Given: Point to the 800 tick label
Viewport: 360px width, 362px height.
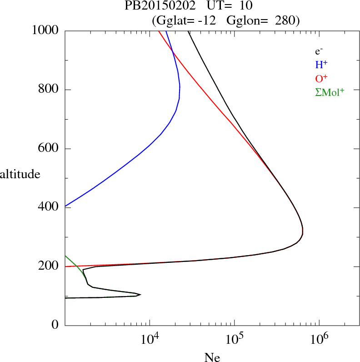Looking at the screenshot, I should (50, 90).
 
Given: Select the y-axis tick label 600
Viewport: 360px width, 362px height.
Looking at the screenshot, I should (50, 149).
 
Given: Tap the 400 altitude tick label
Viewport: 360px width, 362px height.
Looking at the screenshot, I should (50, 207).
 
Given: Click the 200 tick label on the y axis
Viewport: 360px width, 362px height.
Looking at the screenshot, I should (50, 266).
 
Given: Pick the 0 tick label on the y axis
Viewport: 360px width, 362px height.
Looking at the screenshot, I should (55, 325).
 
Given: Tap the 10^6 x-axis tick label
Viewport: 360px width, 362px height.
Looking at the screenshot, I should (319, 338).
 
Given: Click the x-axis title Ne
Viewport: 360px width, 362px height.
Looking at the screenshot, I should (212, 357).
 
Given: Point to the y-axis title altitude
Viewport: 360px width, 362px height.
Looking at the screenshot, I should (20, 174).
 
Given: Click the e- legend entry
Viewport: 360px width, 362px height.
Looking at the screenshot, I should (319, 51).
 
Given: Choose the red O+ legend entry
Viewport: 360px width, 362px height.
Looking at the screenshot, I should (322, 78).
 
